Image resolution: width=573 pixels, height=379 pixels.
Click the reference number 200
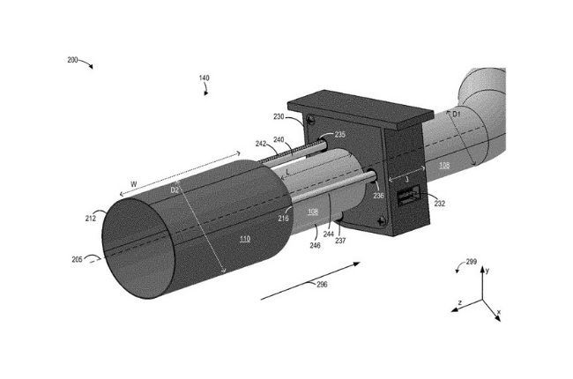pos(72,61)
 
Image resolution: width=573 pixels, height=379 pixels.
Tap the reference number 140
pos(204,78)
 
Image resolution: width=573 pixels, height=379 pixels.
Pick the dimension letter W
pos(133,184)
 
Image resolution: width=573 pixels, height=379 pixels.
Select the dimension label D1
pos(456,115)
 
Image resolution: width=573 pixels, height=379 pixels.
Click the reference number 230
pos(279,117)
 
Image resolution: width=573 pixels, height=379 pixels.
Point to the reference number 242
pos(261,143)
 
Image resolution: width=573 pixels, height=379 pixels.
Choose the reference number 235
pos(339,135)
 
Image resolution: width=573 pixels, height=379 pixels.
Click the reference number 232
pos(439,204)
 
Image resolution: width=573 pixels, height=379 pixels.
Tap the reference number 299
pos(473,263)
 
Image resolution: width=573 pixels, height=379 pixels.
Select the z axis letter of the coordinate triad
pos(459,302)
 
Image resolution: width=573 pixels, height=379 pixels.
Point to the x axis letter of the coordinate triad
pos(498,313)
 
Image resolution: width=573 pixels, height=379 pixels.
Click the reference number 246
pos(316,248)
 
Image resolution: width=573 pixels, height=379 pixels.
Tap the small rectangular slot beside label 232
pos(408,199)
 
